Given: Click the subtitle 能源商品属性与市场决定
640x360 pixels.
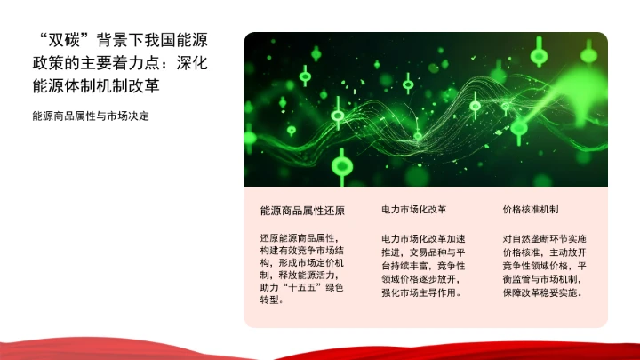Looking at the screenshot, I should [x=90, y=116].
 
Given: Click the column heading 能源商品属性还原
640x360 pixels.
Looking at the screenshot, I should [x=301, y=211].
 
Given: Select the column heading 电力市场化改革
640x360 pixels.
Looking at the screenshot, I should [x=413, y=210].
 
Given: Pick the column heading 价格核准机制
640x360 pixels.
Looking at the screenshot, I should [x=530, y=210].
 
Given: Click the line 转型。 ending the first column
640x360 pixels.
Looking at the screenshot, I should [x=273, y=300].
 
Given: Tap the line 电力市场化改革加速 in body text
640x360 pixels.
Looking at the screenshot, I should [x=423, y=239].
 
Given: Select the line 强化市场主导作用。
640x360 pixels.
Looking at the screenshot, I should [x=423, y=292].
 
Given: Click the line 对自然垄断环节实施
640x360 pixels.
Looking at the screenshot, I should [x=544, y=239].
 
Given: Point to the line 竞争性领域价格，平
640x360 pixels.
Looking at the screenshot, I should [x=544, y=266].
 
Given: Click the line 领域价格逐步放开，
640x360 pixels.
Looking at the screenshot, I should [x=423, y=279].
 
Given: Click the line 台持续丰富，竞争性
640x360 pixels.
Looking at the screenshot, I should [x=423, y=266].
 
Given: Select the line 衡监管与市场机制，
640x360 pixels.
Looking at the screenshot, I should [x=544, y=279].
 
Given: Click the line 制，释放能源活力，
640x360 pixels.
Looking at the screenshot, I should [x=301, y=276].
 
